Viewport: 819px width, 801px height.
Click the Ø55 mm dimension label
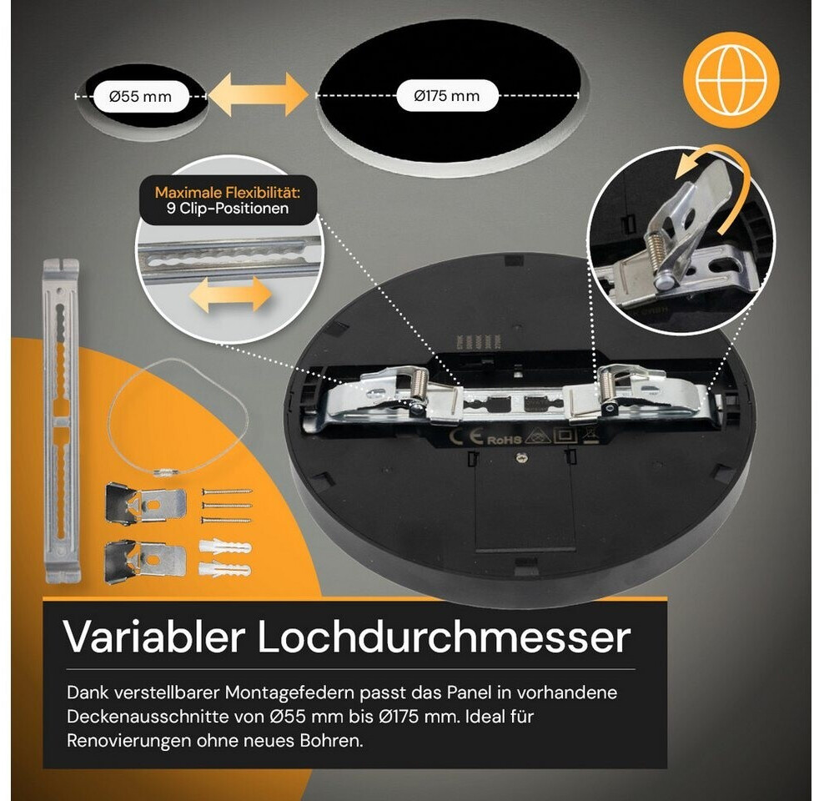[x=140, y=97]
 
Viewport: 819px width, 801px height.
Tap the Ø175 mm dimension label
[x=446, y=96]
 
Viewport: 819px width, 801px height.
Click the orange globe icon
[x=731, y=80]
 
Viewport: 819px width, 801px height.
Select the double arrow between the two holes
[x=259, y=95]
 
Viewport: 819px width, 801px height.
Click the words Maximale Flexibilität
[x=227, y=192]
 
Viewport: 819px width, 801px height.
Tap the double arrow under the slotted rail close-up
[x=230, y=295]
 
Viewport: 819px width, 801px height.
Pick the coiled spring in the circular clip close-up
[x=659, y=249]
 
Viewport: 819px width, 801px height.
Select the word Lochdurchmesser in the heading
[x=445, y=637]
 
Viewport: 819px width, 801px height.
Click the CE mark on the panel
[x=466, y=438]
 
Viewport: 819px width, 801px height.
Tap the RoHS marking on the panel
[x=504, y=440]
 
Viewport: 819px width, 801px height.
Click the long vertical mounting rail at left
[x=61, y=421]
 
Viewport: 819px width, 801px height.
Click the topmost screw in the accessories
[x=227, y=491]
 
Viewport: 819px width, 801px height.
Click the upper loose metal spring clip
[x=145, y=504]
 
